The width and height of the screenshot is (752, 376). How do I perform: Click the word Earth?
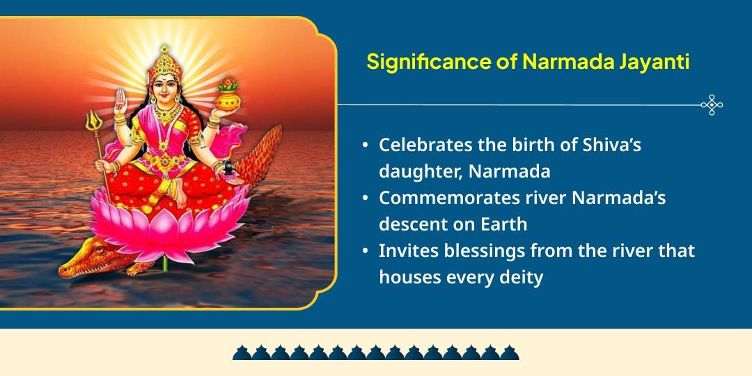503,224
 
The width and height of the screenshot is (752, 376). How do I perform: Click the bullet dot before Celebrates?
366,146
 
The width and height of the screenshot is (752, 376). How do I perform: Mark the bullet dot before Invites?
366,250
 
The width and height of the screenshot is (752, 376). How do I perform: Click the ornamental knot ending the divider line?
712,104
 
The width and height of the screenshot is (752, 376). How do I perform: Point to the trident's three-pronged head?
92,123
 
